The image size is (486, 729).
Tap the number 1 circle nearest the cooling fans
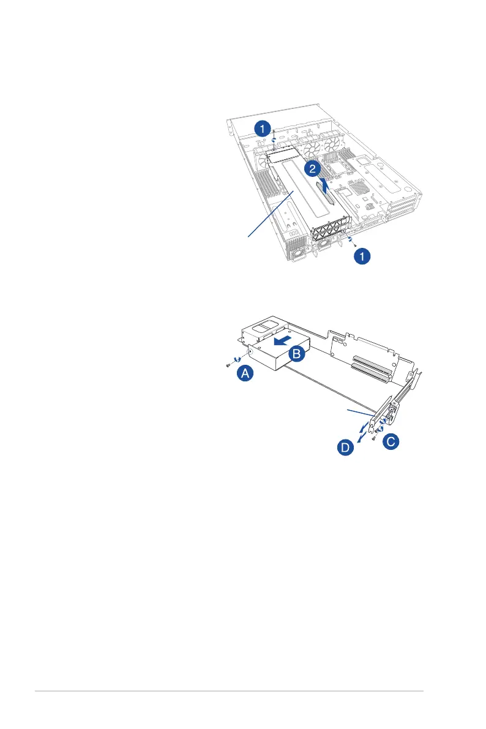[261, 129]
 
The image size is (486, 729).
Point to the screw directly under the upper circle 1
[274, 131]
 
